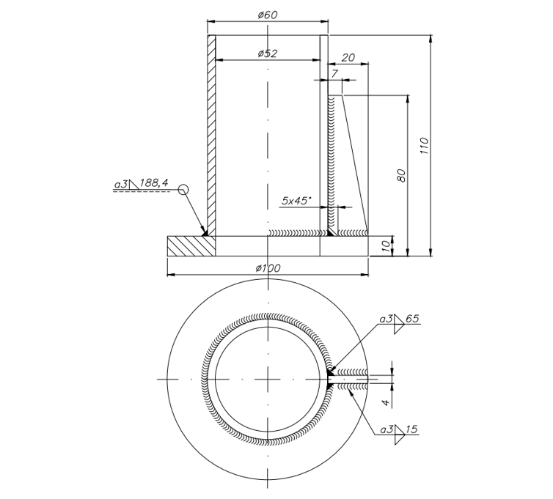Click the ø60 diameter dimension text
[268, 15]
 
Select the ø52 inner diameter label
[268, 53]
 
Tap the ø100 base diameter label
[268, 268]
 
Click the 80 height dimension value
[400, 176]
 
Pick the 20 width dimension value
[349, 57]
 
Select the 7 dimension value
[334, 73]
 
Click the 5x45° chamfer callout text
[296, 199]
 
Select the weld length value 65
[411, 319]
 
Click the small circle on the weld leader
[183, 190]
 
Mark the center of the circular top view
[268, 379]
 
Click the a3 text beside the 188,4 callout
[121, 183]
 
